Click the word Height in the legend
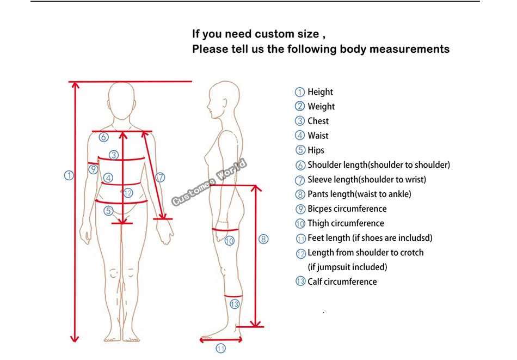[320, 92]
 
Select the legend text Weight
[321, 107]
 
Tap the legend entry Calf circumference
[342, 282]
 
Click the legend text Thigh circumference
[346, 223]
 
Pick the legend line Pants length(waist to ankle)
[359, 194]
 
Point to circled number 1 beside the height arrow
[69, 175]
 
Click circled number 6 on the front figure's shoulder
[103, 137]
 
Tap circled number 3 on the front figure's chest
[113, 155]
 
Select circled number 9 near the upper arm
[94, 169]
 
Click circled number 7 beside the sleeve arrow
[160, 177]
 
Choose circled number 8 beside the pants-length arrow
[263, 239]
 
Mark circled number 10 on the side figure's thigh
[230, 240]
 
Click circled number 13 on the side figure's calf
[235, 304]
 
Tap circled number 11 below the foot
[221, 349]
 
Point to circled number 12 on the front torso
[128, 193]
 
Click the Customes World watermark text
[210, 182]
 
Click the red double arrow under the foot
[220, 339]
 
